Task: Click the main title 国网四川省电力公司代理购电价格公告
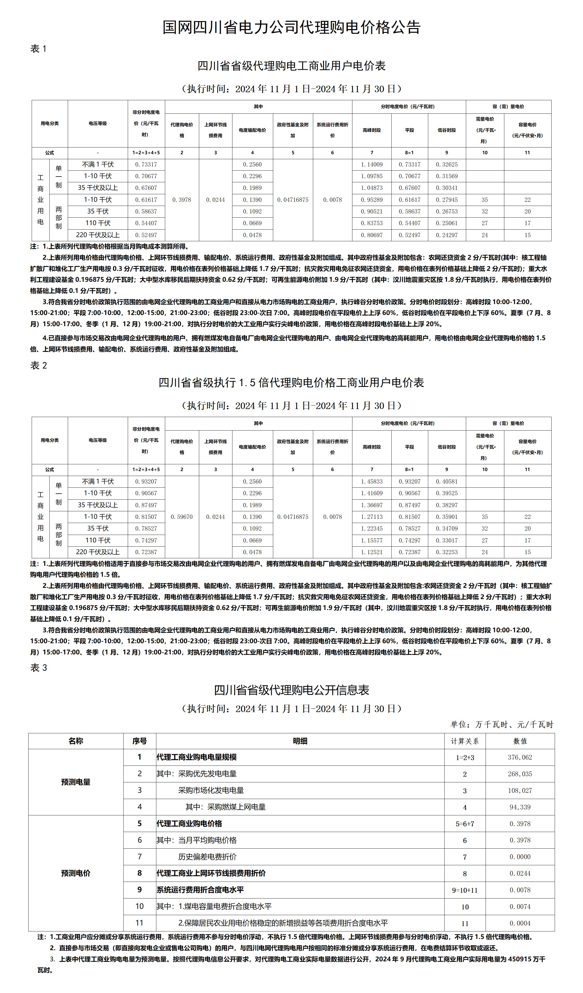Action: point(291,28)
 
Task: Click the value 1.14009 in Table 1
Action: point(371,165)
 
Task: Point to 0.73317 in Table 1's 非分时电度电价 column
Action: point(146,165)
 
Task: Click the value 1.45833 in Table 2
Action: point(371,481)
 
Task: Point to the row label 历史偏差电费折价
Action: point(207,857)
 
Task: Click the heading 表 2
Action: point(39,366)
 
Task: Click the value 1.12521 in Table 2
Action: point(371,552)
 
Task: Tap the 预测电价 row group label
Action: point(76,873)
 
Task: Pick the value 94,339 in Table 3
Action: point(520,807)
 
